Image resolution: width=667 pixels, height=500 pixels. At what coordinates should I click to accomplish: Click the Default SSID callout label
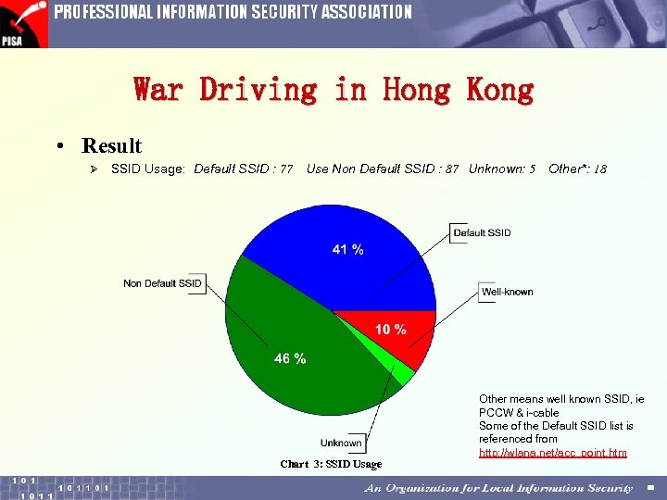[x=482, y=232]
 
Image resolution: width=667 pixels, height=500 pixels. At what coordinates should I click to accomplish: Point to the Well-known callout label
[x=507, y=292]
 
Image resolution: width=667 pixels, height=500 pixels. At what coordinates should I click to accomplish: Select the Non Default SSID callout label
[x=163, y=282]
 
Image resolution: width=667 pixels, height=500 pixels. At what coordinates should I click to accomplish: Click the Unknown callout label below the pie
[x=341, y=443]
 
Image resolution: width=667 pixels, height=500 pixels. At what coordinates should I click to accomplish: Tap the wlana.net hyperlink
[x=552, y=453]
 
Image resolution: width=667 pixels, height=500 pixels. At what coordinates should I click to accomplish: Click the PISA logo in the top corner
[x=23, y=23]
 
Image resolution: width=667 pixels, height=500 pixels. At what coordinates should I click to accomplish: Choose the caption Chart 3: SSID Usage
[x=331, y=464]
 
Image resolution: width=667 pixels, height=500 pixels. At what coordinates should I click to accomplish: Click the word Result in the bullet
[x=111, y=145]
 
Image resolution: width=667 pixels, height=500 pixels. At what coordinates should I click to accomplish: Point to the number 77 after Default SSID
[x=286, y=169]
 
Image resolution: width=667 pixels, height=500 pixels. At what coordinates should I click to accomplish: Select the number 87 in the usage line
[x=452, y=169]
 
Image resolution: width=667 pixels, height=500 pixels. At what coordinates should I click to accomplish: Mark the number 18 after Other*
[x=600, y=169]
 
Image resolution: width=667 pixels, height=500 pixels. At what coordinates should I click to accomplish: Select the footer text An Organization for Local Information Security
[x=498, y=488]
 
